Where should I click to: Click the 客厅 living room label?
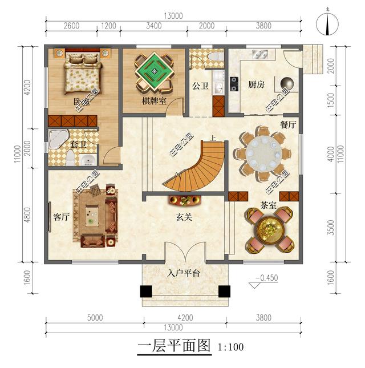pyautogui.click(x=61, y=217)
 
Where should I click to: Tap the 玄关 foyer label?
pyautogui.click(x=184, y=217)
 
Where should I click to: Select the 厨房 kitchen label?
pyautogui.click(x=256, y=85)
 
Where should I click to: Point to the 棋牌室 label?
pyautogui.click(x=154, y=101)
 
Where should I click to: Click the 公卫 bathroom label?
pyautogui.click(x=200, y=87)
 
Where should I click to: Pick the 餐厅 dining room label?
pyautogui.click(x=287, y=124)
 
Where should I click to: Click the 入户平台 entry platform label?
pyautogui.click(x=184, y=274)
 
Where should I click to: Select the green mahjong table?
pyautogui.click(x=152, y=70)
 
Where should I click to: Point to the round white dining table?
pyautogui.click(x=262, y=152)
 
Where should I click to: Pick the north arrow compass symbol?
pyautogui.click(x=327, y=23)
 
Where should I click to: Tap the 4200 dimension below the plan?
pyautogui.click(x=184, y=318)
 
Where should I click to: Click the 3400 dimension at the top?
pyautogui.click(x=154, y=26)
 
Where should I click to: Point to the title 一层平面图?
pyautogui.click(x=175, y=346)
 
